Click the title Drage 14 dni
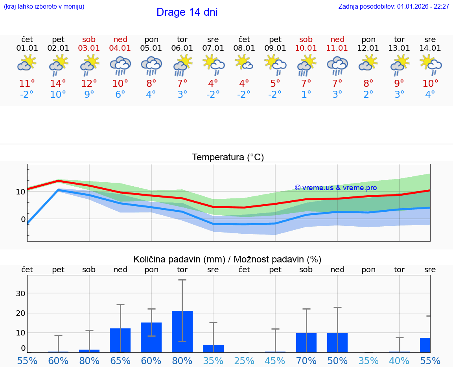pyautogui.click(x=187, y=12)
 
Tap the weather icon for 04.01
pyautogui.click(x=120, y=65)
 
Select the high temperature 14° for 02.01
pyautogui.click(x=58, y=84)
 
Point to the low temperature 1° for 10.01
pyautogui.click(x=306, y=95)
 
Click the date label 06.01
pyautogui.click(x=182, y=48)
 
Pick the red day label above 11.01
pyautogui.click(x=337, y=39)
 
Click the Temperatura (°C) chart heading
pyautogui.click(x=228, y=158)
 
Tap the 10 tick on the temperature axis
pyautogui.click(x=20, y=192)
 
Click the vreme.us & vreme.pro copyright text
pyautogui.click(x=335, y=188)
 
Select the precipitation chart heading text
pyautogui.click(x=227, y=259)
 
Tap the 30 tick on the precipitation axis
pyautogui.click(x=20, y=293)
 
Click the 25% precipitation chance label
pyautogui.click(x=244, y=361)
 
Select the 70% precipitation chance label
pyautogui.click(x=306, y=361)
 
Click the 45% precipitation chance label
pyautogui.click(x=275, y=361)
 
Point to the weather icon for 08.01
pyautogui.click(x=244, y=63)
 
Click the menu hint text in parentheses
pyautogui.click(x=44, y=7)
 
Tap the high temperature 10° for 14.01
pyautogui.click(x=430, y=84)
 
